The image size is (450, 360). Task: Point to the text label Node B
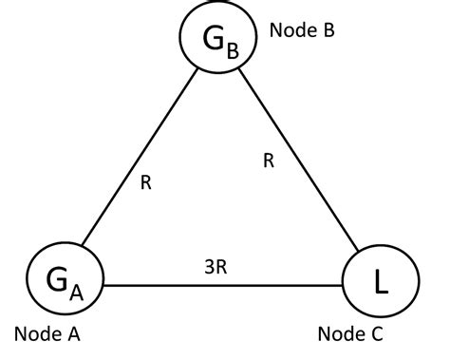[x=302, y=29]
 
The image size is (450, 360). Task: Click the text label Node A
[x=47, y=334]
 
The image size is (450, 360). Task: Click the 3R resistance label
[x=216, y=267]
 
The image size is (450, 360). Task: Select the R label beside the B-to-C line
[x=269, y=161]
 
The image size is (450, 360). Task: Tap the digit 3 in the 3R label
[x=209, y=267]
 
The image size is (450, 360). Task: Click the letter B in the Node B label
[x=328, y=29]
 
